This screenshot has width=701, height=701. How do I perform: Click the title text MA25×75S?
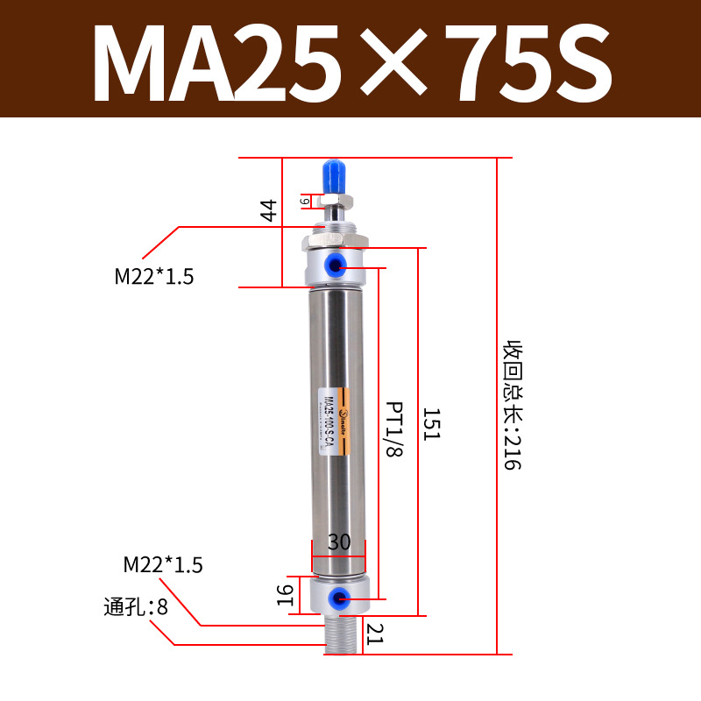tap(350, 60)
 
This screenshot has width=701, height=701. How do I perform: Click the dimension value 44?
tap(269, 210)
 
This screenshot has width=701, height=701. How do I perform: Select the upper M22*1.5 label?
tap(154, 277)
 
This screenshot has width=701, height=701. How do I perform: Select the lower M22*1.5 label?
tap(163, 565)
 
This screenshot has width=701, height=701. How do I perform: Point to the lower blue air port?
tap(336, 598)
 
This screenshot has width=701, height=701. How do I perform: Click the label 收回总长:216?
tap(512, 405)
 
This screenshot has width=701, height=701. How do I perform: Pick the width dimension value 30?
tap(339, 542)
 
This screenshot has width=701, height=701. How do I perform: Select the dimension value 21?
tap(375, 633)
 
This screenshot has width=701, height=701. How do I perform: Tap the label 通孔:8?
tap(137, 606)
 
